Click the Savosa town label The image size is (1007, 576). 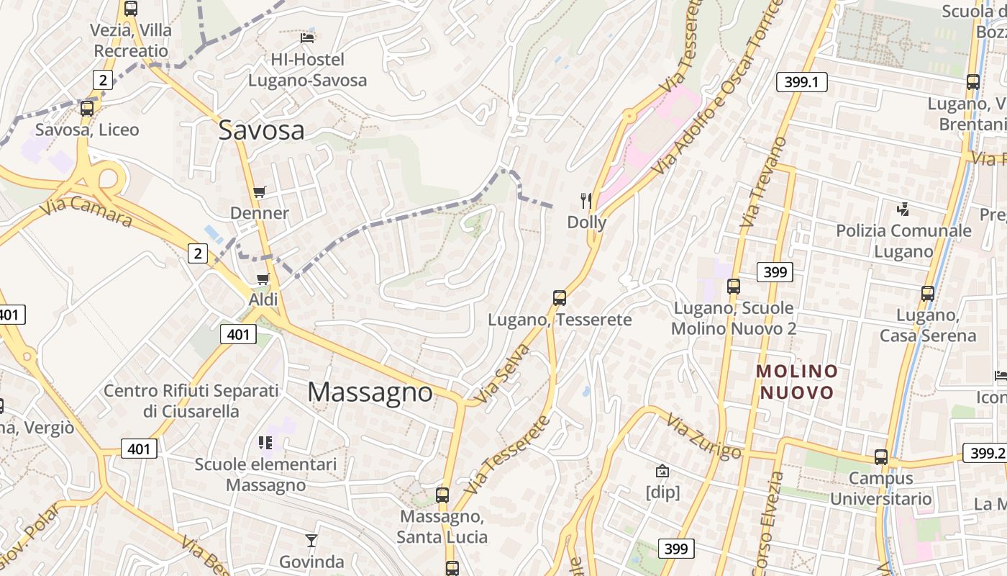[x=261, y=130]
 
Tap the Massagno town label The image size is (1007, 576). [x=370, y=392]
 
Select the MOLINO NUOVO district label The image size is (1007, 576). [x=797, y=382]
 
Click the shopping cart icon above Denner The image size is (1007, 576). [x=260, y=192]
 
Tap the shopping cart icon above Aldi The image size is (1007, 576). [x=263, y=279]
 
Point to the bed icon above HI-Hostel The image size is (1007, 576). [x=307, y=37]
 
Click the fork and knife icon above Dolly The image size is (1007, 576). [x=586, y=201]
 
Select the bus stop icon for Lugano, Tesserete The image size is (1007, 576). [x=559, y=297]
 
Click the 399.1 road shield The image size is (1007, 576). [x=801, y=82]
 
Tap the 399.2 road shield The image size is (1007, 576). [x=986, y=453]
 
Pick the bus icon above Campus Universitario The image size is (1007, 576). [x=880, y=457]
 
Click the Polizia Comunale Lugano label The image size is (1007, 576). [x=903, y=241]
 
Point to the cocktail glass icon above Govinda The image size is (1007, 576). [x=311, y=540]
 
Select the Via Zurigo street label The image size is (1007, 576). [x=703, y=436]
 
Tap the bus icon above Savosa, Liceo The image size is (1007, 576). [x=87, y=109]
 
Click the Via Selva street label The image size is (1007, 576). [x=502, y=373]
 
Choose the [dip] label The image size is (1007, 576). [x=662, y=492]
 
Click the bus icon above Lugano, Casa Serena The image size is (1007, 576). [x=928, y=294]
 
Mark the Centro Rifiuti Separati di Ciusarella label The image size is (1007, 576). [x=191, y=401]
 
